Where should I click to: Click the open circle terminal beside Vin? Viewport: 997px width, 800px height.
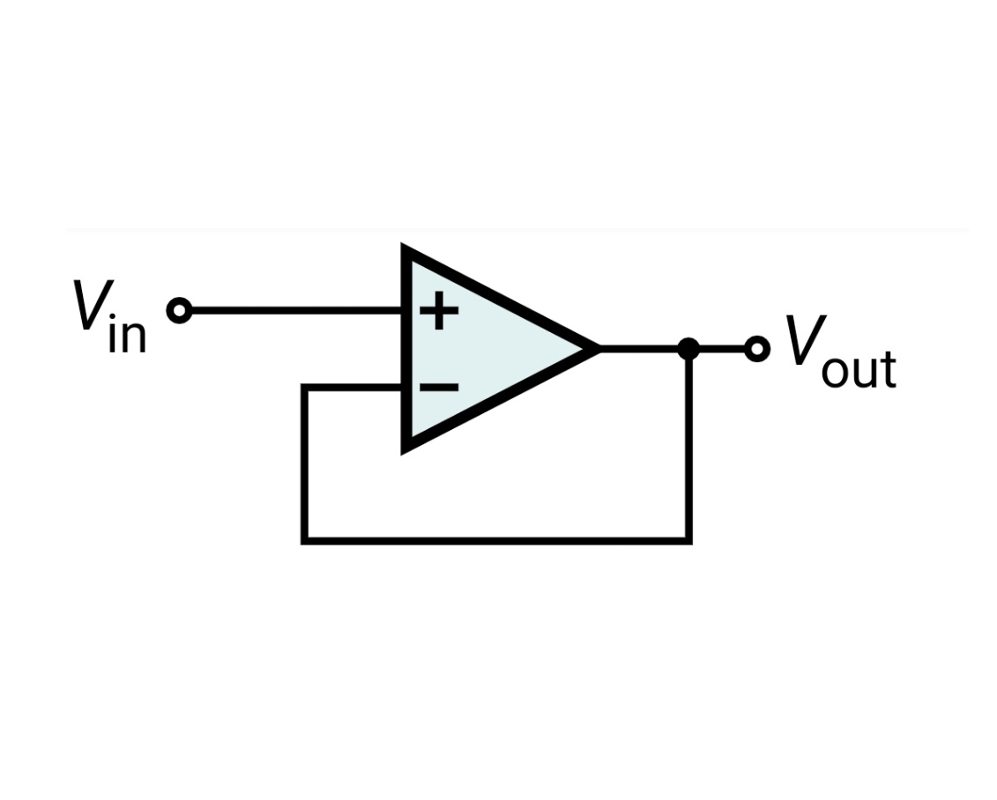tap(179, 310)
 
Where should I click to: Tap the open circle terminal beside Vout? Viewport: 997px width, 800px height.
tap(756, 349)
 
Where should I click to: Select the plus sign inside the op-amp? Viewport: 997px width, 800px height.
tap(439, 310)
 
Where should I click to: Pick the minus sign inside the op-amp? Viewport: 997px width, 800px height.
tap(438, 387)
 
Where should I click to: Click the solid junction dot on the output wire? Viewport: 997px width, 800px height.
tap(688, 349)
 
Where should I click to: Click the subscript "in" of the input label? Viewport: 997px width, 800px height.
tap(128, 336)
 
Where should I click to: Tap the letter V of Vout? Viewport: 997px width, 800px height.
tap(804, 341)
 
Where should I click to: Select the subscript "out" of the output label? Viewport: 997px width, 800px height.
tap(858, 370)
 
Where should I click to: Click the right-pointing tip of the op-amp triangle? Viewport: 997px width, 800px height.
tap(594, 349)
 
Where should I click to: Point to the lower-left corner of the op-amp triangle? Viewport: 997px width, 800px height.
tap(408, 445)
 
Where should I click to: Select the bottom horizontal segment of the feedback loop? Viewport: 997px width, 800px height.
tap(494, 539)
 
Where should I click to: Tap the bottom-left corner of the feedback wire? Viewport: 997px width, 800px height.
tap(304, 539)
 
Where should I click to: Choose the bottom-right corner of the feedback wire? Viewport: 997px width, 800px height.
tap(688, 539)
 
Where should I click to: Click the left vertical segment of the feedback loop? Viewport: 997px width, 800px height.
tap(304, 463)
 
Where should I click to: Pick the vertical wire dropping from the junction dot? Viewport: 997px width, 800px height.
tap(688, 445)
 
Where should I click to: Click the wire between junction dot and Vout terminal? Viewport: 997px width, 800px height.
tap(721, 349)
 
